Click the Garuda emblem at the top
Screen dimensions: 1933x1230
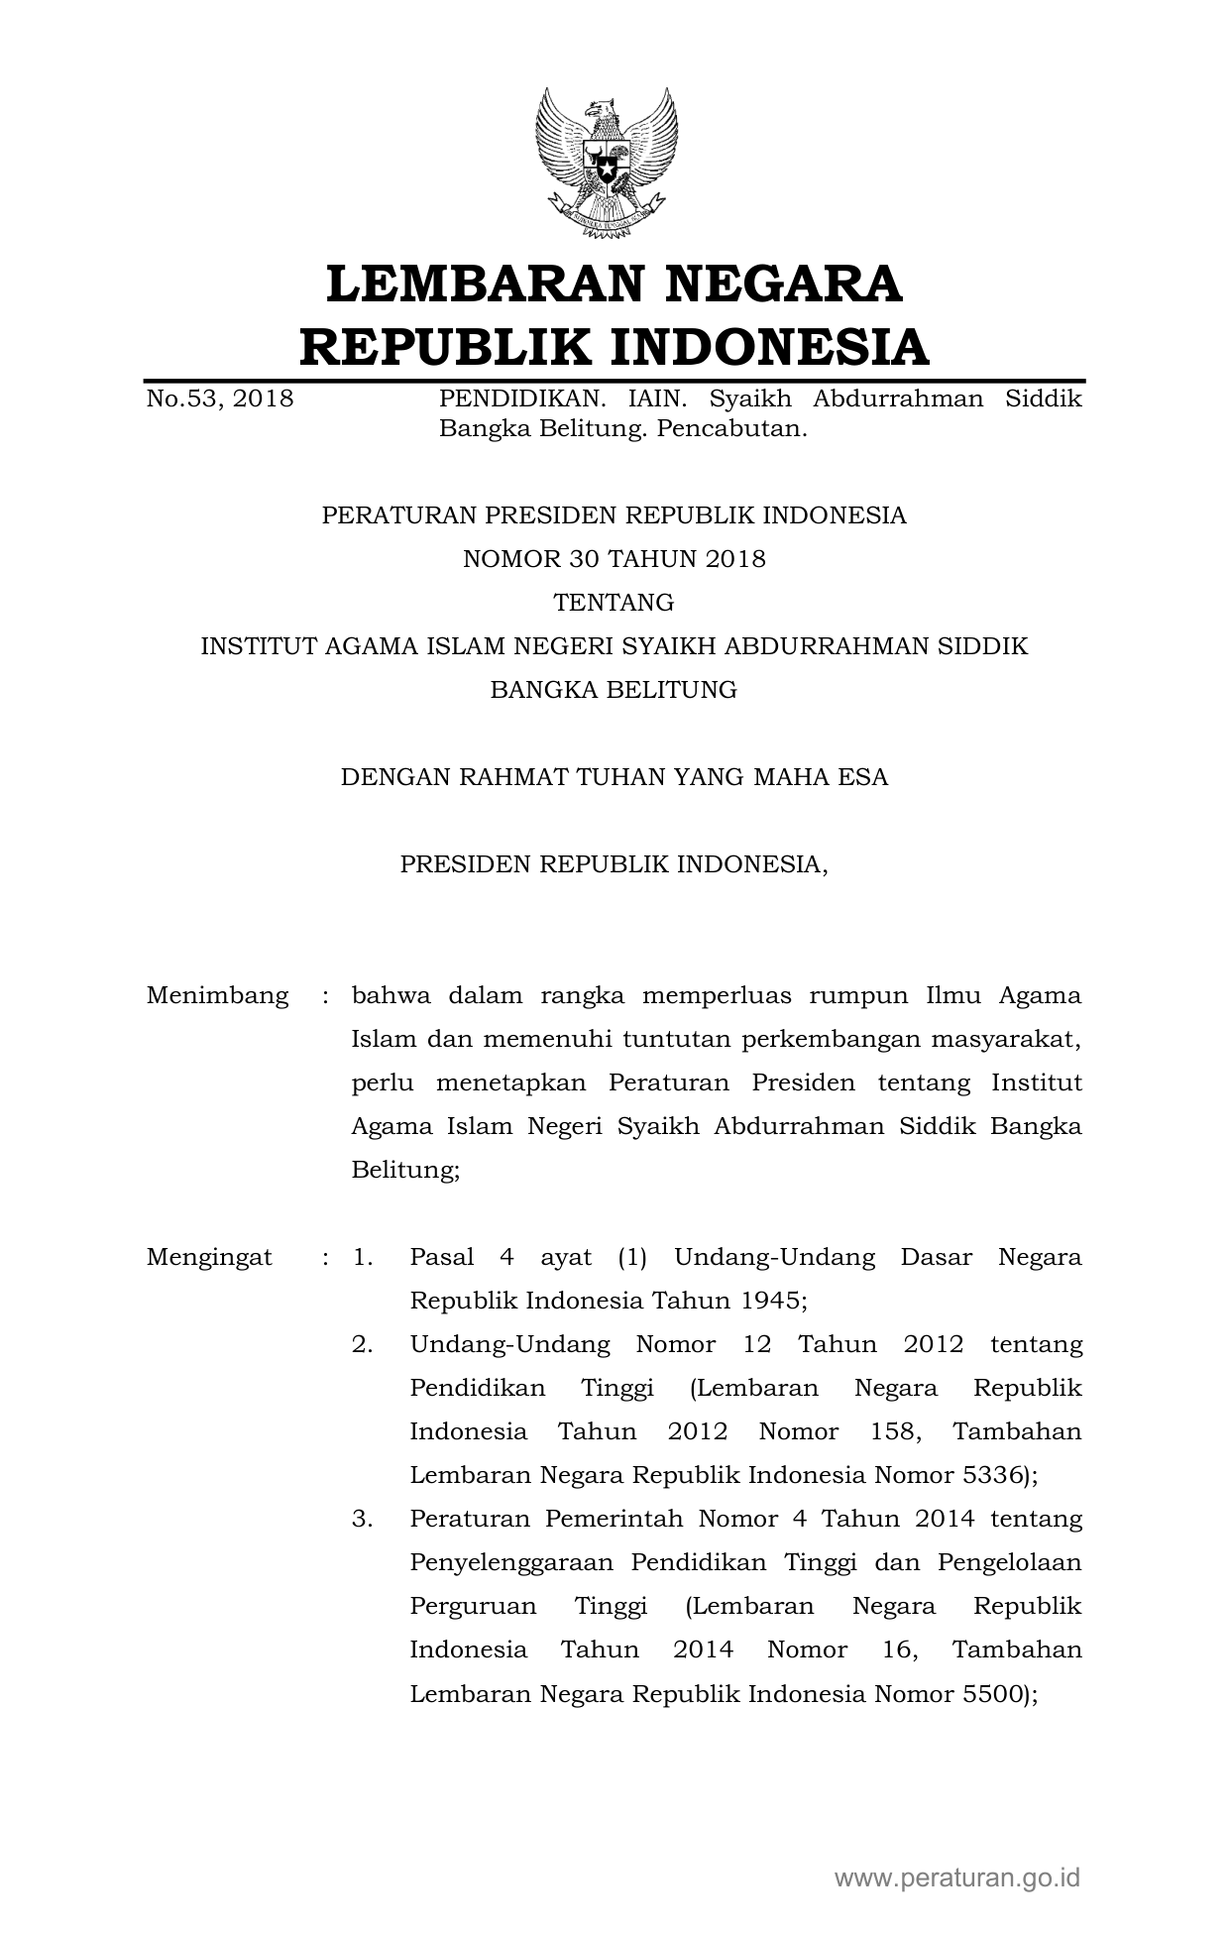(607, 164)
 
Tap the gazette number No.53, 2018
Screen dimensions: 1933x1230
(220, 398)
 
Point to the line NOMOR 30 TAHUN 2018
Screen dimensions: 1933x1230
(615, 559)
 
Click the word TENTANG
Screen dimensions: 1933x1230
(615, 603)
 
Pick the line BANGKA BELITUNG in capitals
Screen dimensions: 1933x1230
(615, 690)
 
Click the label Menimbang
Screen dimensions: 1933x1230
(218, 995)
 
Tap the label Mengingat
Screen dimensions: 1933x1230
(209, 1257)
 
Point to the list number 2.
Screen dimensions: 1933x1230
(362, 1344)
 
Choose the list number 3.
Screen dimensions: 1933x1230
(362, 1519)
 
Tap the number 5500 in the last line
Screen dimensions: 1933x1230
(994, 1693)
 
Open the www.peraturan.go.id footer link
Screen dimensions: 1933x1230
(957, 1876)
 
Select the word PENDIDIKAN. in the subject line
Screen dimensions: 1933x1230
(522, 398)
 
